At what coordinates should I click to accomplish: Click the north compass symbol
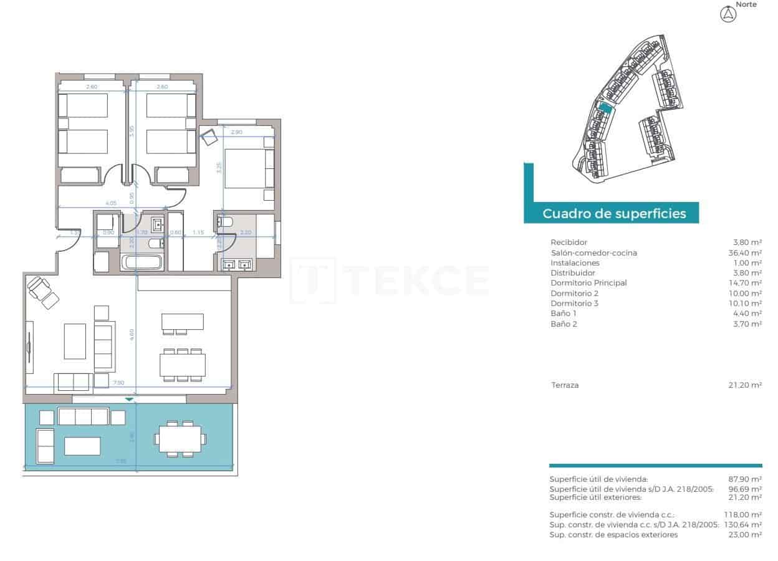[x=728, y=14]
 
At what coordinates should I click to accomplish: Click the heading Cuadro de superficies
[x=614, y=214]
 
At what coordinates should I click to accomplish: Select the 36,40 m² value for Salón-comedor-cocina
[x=747, y=252]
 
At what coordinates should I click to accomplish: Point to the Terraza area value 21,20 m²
[x=747, y=385]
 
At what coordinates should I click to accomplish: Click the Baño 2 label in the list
[x=564, y=324]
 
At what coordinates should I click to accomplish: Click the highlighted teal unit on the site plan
[x=603, y=107]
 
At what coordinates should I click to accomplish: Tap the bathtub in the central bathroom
[x=143, y=262]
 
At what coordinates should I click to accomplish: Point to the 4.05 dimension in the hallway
[x=111, y=203]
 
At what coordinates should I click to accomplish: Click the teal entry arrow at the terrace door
[x=129, y=398]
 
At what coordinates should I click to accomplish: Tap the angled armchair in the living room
[x=42, y=291]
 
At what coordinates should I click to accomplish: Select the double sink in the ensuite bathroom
[x=238, y=264]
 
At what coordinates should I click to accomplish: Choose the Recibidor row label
[x=569, y=242]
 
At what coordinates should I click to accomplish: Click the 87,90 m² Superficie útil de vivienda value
[x=745, y=479]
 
